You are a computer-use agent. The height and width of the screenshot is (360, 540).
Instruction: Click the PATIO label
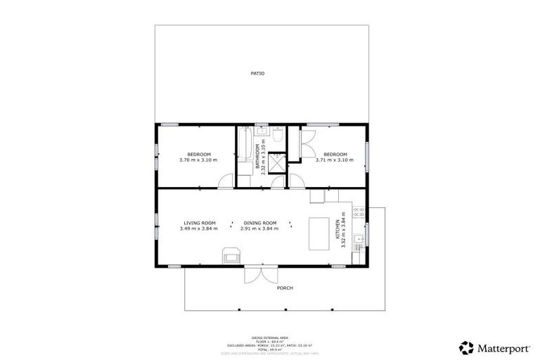pos(257,73)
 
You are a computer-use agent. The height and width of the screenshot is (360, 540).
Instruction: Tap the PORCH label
pos(284,288)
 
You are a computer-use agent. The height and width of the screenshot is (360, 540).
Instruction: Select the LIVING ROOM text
pos(199,222)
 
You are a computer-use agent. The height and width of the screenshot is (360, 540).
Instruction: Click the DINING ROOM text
pos(259,222)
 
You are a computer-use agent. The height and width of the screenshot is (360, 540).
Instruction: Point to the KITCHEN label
pos(337,226)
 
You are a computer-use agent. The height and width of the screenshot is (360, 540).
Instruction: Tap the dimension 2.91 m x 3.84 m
pos(259,229)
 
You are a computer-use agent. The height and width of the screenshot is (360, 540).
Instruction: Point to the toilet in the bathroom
pos(277,137)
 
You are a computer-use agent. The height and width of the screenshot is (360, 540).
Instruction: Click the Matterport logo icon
pos(465,347)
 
